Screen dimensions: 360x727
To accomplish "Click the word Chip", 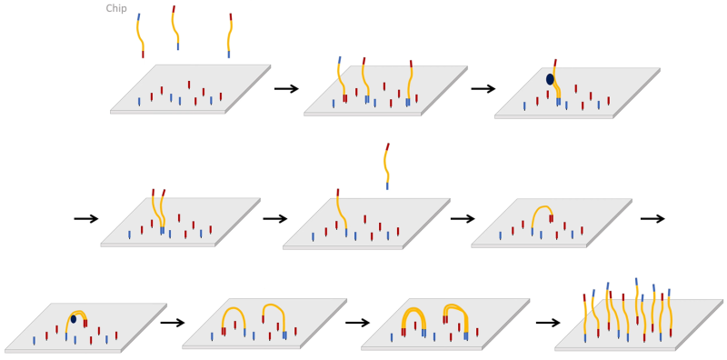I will [x=116, y=9].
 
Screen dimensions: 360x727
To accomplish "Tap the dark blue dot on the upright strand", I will [x=550, y=80].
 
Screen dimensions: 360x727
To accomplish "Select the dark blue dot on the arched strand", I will [x=74, y=319].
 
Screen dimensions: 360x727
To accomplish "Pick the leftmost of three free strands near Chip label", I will [x=141, y=35].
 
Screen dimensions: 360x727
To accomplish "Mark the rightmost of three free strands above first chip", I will [x=230, y=35].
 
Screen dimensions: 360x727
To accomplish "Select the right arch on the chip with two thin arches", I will [x=274, y=314].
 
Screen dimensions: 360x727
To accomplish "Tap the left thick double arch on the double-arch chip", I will [x=413, y=317].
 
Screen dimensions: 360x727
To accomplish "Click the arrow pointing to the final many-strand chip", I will [x=548, y=323].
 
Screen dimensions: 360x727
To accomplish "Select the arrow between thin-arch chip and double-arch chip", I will [x=357, y=323].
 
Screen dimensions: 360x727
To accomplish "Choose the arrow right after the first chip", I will [x=286, y=88].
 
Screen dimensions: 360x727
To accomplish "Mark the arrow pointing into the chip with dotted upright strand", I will [x=483, y=88].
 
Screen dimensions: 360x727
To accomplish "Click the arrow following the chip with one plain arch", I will [x=652, y=218].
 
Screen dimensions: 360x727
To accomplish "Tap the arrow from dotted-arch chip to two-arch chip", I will [x=173, y=323].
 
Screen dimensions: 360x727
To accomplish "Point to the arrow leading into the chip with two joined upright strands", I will [x=86, y=218].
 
